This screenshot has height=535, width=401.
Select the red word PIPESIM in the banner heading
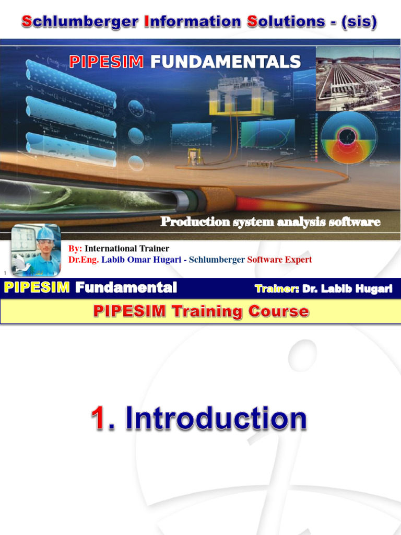[107, 62]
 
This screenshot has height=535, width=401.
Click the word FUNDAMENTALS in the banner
[226, 62]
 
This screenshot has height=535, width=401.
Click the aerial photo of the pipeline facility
[358, 78]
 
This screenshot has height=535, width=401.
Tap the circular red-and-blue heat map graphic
[348, 137]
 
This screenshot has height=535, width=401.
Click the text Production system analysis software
[270, 222]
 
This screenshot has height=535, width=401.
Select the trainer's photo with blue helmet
[36, 250]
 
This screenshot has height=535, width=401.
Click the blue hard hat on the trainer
[45, 233]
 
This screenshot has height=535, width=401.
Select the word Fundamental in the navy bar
[126, 287]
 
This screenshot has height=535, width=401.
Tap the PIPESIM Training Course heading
[200, 312]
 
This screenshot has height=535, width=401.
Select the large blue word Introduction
[216, 419]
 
